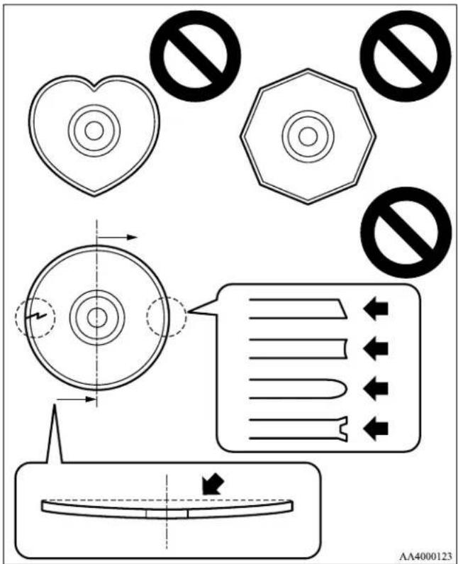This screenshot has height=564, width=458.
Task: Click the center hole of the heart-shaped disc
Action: tap(94, 131)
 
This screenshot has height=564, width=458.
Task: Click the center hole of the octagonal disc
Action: tap(308, 136)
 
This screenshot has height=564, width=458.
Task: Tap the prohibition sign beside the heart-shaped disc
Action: tap(195, 56)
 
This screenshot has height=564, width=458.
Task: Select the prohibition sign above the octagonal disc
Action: tap(406, 56)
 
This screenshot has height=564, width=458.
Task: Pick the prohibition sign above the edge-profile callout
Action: tap(406, 233)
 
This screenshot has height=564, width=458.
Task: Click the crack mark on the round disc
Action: tap(36, 317)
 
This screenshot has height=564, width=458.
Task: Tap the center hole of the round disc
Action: tap(97, 318)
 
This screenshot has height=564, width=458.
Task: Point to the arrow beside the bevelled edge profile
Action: tap(376, 309)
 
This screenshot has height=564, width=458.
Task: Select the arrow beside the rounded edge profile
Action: tap(376, 389)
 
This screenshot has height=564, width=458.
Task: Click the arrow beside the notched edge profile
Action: tap(376, 428)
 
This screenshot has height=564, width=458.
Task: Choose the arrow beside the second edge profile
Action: tap(376, 348)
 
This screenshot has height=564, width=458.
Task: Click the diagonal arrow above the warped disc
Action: tap(213, 484)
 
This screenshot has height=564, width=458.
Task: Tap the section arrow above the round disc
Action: tap(117, 237)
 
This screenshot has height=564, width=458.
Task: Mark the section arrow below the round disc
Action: tap(76, 399)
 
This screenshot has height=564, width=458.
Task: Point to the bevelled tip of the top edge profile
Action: tap(343, 309)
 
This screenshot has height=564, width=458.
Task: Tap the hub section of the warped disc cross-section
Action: tap(167, 514)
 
